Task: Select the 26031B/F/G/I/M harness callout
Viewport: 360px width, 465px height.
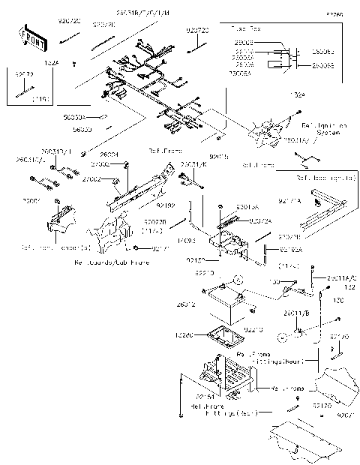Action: coord(142,14)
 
